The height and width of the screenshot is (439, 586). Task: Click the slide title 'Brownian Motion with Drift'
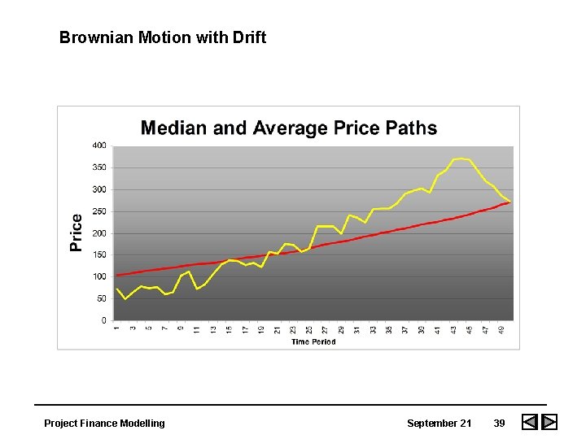(x=163, y=37)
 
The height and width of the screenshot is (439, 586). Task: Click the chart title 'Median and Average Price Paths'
(x=289, y=128)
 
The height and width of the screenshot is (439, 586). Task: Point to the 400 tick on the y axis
(x=98, y=146)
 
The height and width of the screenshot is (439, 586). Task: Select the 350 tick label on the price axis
(x=98, y=167)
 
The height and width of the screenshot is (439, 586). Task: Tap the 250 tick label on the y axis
(x=98, y=211)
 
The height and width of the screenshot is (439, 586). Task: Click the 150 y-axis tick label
(x=98, y=255)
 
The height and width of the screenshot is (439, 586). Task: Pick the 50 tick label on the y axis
(x=100, y=299)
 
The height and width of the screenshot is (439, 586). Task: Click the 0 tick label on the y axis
(x=103, y=320)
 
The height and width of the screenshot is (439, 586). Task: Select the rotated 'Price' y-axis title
(x=77, y=233)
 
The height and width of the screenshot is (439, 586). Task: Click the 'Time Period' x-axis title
(x=313, y=341)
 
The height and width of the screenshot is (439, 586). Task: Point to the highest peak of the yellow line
(x=461, y=159)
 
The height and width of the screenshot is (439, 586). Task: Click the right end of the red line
(x=510, y=202)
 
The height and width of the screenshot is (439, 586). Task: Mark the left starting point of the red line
(x=117, y=275)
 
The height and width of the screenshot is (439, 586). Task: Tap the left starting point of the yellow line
(x=117, y=289)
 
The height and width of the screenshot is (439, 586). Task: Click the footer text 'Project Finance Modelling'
(x=104, y=423)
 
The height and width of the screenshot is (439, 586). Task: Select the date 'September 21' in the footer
(x=439, y=423)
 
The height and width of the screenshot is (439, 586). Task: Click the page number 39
(x=499, y=423)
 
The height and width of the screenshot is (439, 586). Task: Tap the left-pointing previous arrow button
(x=529, y=423)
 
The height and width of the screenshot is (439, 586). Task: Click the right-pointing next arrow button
(x=549, y=423)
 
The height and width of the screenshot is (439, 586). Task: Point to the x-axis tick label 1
(x=117, y=328)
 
